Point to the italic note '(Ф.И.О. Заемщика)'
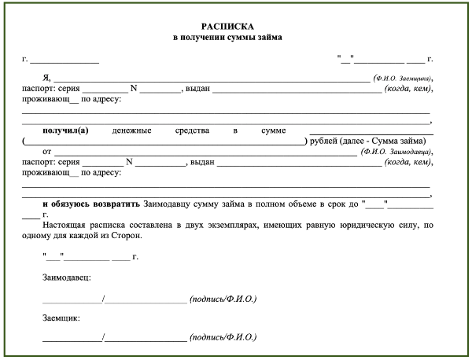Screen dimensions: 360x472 [402, 79]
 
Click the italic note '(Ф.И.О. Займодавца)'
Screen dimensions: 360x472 [396, 151]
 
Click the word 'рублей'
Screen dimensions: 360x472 [319, 141]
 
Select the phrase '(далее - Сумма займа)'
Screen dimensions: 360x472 [381, 141]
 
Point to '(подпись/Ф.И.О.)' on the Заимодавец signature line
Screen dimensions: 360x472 [223, 299]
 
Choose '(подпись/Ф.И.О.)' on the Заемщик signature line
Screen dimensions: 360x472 [223, 340]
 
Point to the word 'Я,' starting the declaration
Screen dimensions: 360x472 [47, 79]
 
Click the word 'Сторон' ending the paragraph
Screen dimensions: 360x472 [127, 234]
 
